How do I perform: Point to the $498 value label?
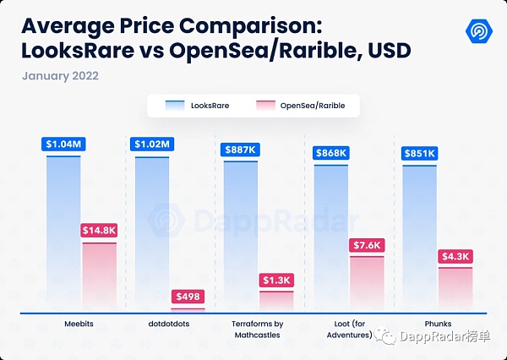point(188,296)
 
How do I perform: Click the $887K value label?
point(241,150)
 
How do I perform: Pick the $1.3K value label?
point(276,280)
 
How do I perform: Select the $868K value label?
point(330,152)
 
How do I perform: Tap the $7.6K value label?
point(366,245)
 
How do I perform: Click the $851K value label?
point(420,153)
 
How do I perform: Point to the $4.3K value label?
point(455,256)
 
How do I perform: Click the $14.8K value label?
point(99,230)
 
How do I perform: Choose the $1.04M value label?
point(63,143)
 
